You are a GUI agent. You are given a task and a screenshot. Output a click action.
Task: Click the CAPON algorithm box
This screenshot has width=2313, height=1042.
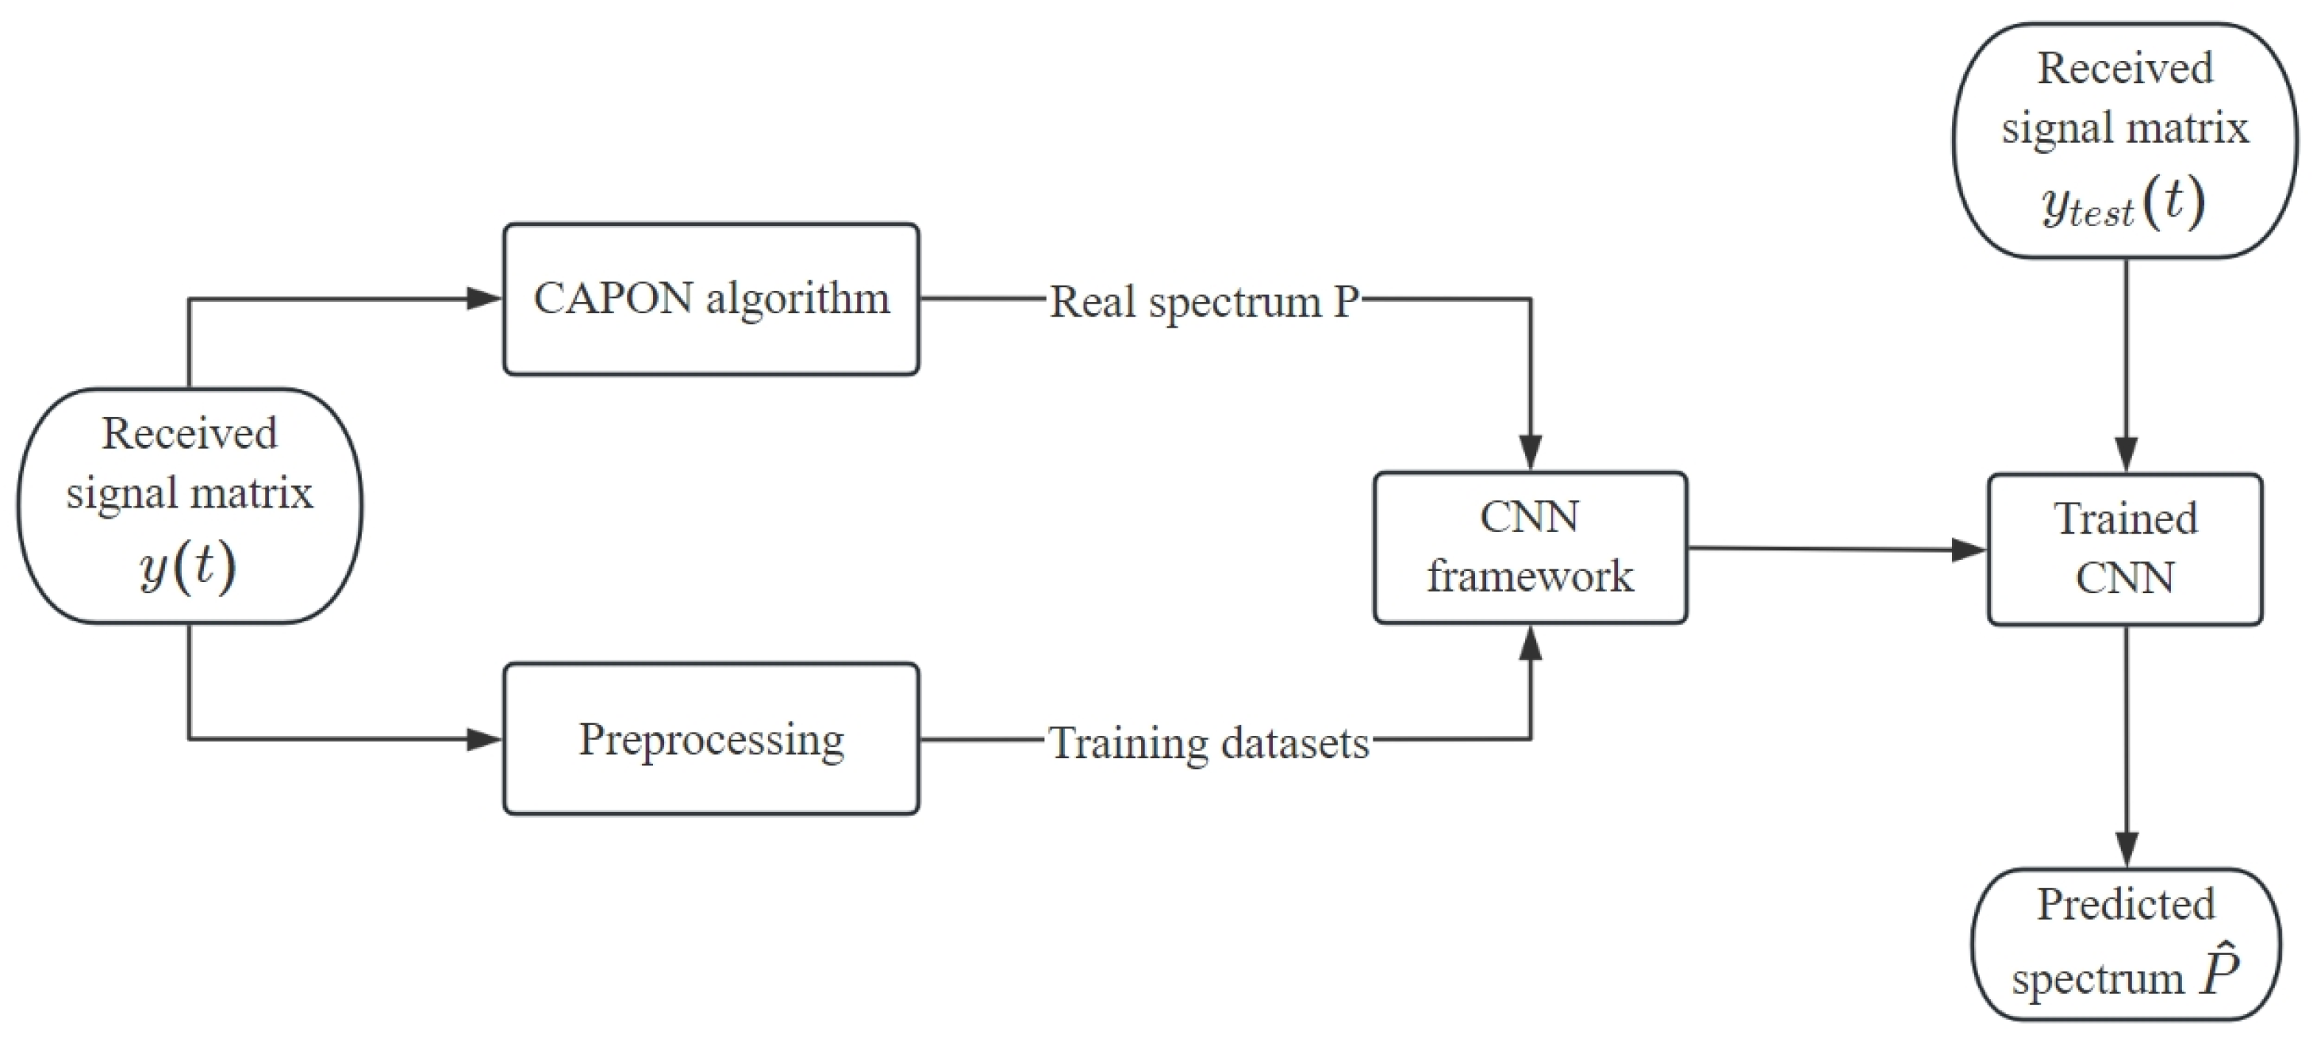click(x=710, y=299)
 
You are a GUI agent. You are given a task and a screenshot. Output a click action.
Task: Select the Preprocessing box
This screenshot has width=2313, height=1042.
click(x=710, y=738)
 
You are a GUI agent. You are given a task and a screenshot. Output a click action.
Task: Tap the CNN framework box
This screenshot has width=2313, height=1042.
click(x=1529, y=547)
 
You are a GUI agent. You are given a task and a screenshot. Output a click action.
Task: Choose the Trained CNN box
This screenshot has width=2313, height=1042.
click(x=2124, y=550)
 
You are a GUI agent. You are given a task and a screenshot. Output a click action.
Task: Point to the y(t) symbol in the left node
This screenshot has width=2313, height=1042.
click(x=188, y=567)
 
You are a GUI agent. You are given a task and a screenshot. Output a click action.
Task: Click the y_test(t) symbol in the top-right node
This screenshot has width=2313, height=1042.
click(x=2123, y=203)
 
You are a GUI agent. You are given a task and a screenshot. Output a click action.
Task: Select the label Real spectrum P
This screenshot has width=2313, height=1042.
click(x=1204, y=301)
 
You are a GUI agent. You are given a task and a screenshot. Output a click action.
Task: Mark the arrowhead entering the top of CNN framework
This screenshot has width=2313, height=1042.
click(x=1530, y=451)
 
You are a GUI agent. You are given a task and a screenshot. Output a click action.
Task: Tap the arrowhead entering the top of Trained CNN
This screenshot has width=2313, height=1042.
click(x=2125, y=454)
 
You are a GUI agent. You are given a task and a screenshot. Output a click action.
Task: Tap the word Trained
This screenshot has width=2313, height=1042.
click(x=2124, y=519)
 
